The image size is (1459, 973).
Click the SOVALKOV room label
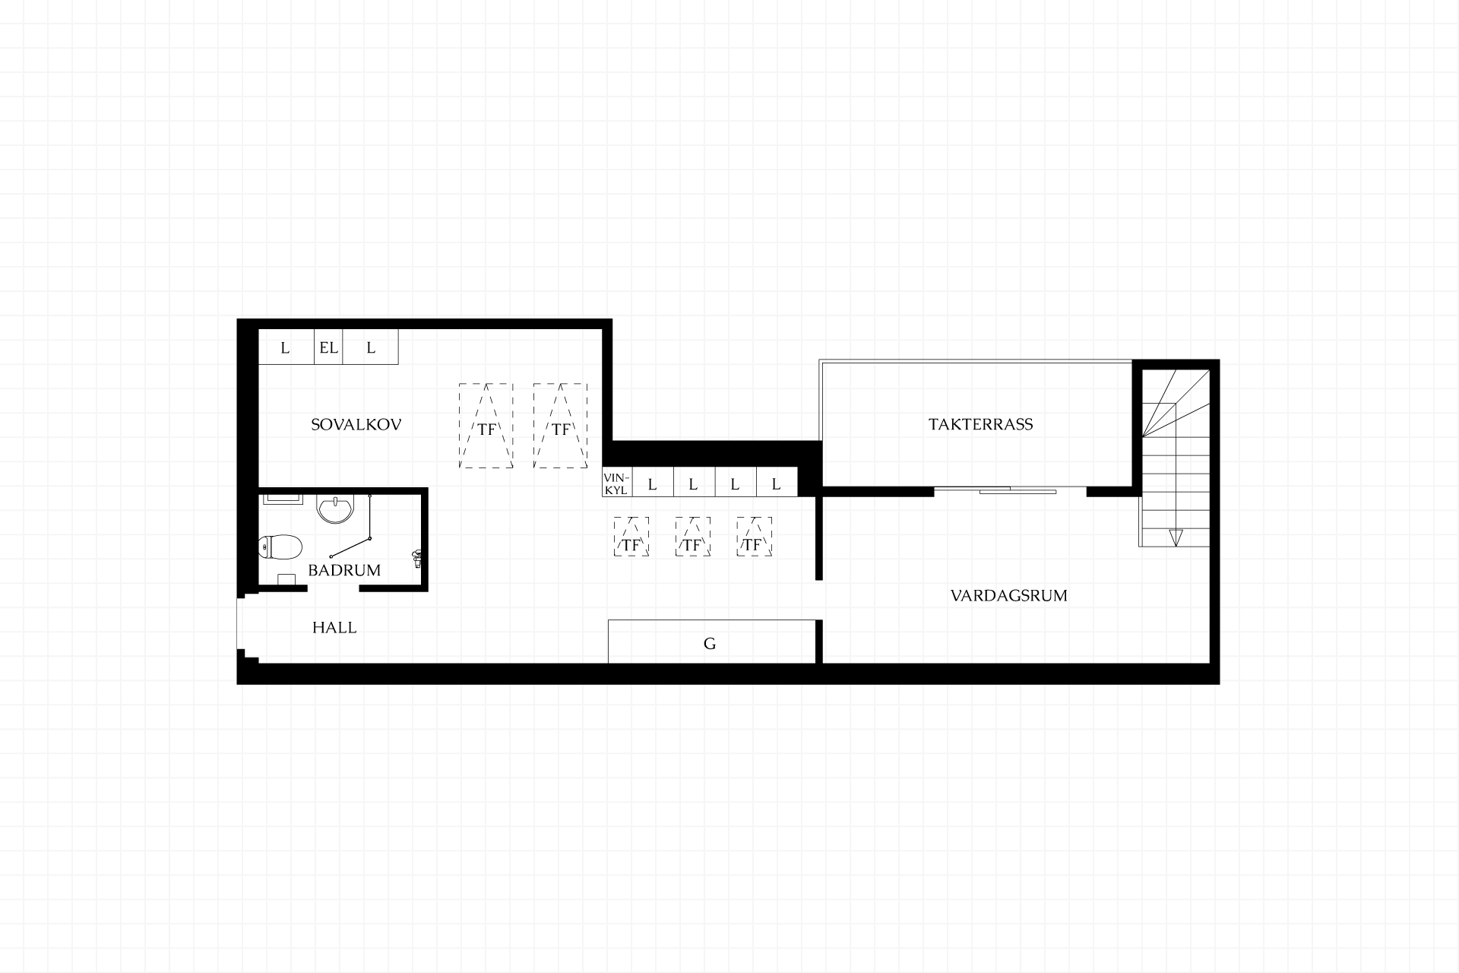(356, 425)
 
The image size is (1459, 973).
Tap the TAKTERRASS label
(980, 424)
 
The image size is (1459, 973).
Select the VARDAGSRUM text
(1008, 595)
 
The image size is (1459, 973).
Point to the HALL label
(334, 628)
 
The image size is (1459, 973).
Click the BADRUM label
(344, 570)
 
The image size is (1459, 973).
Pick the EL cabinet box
(328, 347)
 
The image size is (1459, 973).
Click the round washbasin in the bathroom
(336, 509)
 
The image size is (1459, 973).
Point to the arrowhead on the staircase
(1176, 537)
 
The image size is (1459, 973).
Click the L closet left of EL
(286, 347)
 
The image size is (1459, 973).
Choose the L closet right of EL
(371, 347)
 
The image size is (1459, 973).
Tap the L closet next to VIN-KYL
(653, 482)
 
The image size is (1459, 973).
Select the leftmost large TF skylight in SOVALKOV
(486, 426)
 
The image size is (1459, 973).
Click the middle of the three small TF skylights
(692, 537)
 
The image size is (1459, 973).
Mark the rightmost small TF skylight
(754, 537)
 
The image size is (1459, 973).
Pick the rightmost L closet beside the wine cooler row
(777, 482)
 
